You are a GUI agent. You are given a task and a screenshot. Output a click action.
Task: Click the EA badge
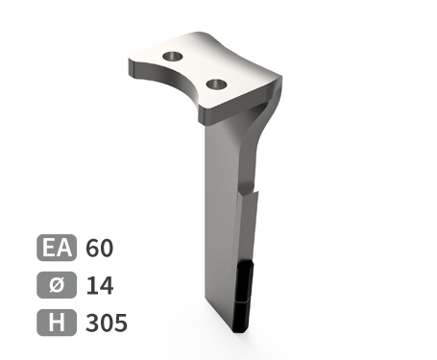(57, 248)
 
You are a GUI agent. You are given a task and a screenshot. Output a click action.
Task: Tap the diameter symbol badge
(57, 285)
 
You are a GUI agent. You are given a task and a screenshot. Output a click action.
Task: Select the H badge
(57, 323)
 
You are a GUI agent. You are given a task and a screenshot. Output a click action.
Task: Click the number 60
(100, 248)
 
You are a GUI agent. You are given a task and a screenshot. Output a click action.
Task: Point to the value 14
(100, 285)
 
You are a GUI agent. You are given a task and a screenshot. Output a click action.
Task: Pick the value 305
(107, 323)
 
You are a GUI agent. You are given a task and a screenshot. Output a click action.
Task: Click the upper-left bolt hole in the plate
(173, 57)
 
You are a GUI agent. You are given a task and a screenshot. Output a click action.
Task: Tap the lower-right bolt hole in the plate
(217, 84)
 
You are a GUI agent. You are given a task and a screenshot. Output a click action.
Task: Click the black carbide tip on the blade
(244, 297)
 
